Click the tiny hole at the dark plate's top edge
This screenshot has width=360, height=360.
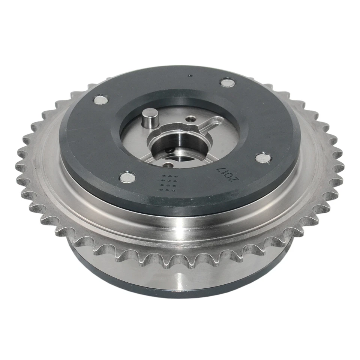190,75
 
